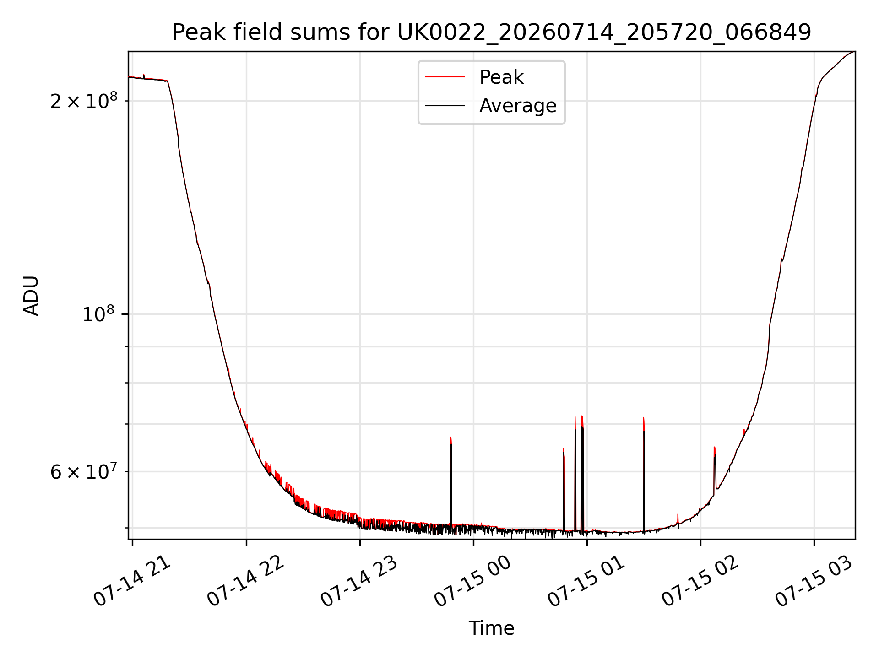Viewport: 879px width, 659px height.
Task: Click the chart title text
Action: click(x=491, y=32)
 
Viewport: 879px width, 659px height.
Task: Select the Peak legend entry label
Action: click(x=501, y=77)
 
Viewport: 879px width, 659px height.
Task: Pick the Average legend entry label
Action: click(x=518, y=106)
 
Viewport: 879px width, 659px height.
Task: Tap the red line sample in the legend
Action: click(x=445, y=77)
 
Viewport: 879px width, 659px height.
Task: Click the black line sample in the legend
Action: click(x=445, y=106)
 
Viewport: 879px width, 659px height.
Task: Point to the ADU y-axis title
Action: click(x=31, y=296)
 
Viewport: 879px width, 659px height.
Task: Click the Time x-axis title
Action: click(x=491, y=628)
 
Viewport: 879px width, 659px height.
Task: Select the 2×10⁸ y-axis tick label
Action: click(x=84, y=100)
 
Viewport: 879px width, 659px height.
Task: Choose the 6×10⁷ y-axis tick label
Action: click(x=84, y=471)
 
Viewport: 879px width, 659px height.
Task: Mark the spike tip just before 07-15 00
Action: click(x=451, y=438)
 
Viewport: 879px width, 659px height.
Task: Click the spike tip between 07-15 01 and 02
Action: click(x=644, y=418)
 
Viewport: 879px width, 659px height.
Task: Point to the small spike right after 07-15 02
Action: click(x=714, y=447)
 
